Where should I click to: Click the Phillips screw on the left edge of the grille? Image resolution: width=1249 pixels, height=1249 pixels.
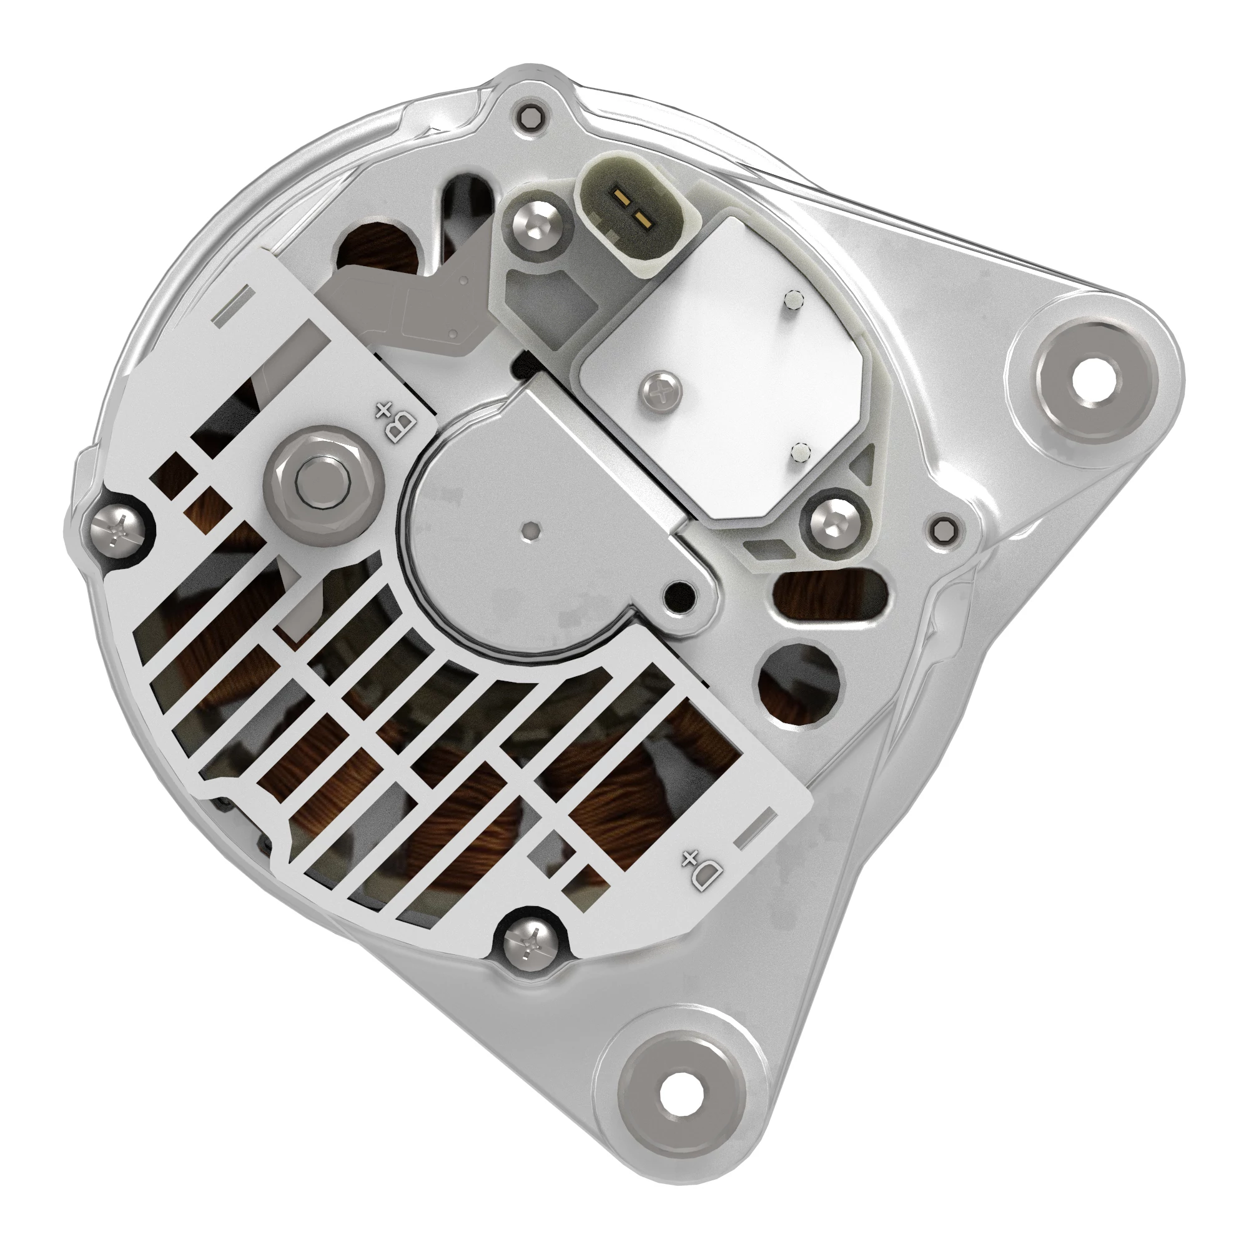pos(117,532)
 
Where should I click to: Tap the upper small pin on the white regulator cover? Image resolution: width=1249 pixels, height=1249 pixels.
pos(792,299)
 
